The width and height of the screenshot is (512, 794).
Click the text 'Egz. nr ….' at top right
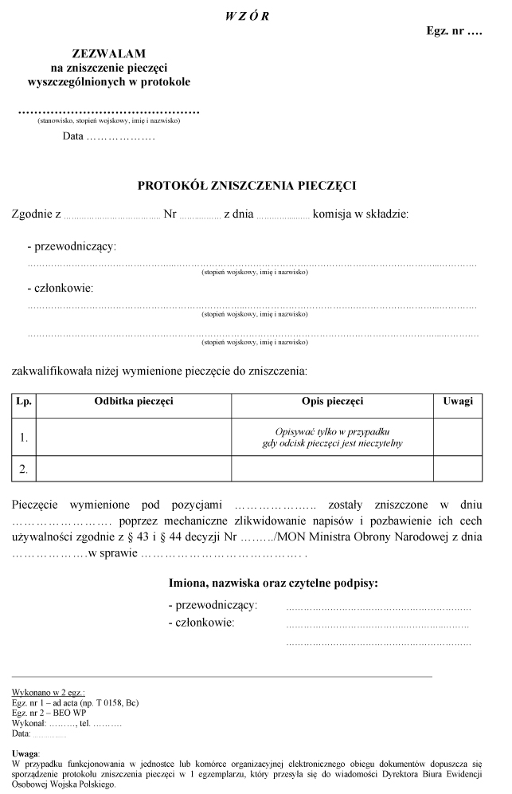(x=455, y=33)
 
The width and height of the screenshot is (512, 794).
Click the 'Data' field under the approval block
(x=108, y=136)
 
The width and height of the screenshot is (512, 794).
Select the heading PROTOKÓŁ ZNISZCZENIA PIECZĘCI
(x=247, y=186)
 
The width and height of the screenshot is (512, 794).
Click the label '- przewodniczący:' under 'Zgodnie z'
(x=72, y=246)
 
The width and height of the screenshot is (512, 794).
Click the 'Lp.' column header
(x=24, y=402)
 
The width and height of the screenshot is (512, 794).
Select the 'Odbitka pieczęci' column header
(x=134, y=402)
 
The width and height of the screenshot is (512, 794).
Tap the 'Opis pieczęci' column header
(x=333, y=402)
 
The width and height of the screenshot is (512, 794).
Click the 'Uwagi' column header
(x=458, y=402)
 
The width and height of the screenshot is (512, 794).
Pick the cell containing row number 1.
(x=24, y=437)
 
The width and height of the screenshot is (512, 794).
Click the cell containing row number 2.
(x=24, y=470)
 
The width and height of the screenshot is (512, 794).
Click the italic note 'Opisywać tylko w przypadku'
(x=332, y=430)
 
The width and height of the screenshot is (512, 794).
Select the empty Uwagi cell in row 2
(x=458, y=470)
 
